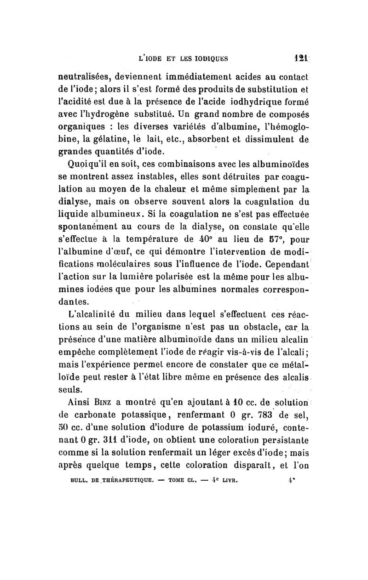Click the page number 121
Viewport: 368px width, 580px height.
point(301,59)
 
